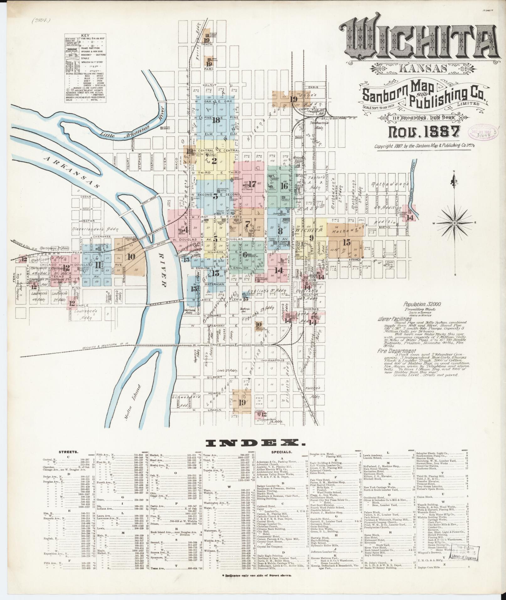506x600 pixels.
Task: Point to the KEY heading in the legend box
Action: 85,36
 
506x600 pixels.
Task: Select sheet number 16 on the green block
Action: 284,186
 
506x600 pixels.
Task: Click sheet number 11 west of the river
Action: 98,265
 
